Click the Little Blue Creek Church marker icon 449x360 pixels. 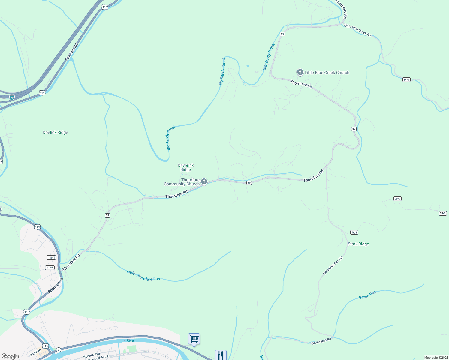pyautogui.click(x=300, y=72)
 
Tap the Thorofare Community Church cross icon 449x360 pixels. pyautogui.click(x=204, y=181)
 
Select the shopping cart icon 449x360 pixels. pyautogui.click(x=194, y=339)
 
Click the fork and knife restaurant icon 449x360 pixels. pyautogui.click(x=221, y=355)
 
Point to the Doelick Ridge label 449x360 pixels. pyautogui.click(x=55, y=132)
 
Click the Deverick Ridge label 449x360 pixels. pyautogui.click(x=186, y=167)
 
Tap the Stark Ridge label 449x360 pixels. pyautogui.click(x=358, y=244)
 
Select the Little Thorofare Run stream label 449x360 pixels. pyautogui.click(x=143, y=276)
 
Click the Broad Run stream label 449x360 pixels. pyautogui.click(x=367, y=295)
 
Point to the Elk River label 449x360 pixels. pyautogui.click(x=128, y=340)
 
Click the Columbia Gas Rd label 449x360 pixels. pyautogui.click(x=333, y=265)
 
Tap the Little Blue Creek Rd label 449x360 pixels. pyautogui.click(x=357, y=30)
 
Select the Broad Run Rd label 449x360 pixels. pyautogui.click(x=321, y=341)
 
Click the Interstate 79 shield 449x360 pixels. pyautogui.click(x=12, y=97)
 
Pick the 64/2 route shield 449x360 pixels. pyautogui.click(x=406, y=80)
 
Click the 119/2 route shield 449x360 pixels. pyautogui.click(x=51, y=258)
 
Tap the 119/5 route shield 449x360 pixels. pyautogui.click(x=50, y=268)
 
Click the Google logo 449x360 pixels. pyautogui.click(x=10, y=356)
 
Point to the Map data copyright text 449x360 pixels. pyautogui.click(x=436, y=358)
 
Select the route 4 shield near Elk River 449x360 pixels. pyautogui.click(x=59, y=350)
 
